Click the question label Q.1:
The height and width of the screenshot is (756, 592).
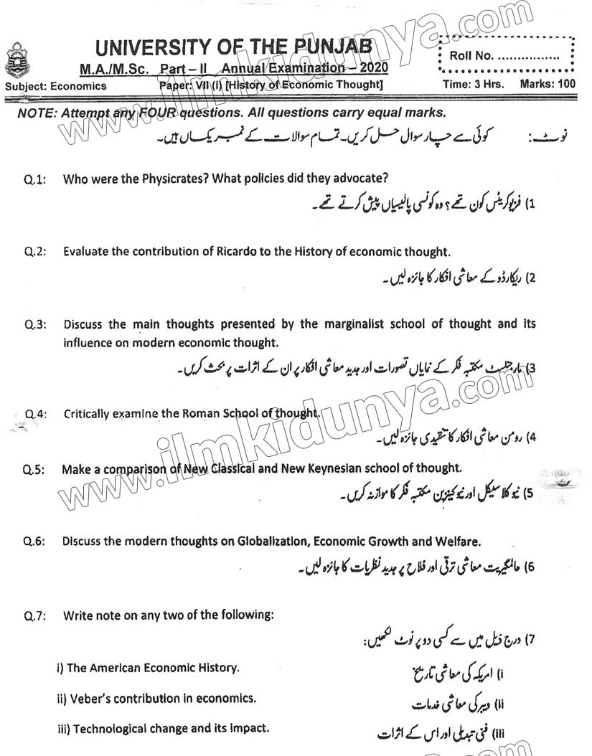(34, 180)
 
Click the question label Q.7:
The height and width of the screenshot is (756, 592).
(34, 615)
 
